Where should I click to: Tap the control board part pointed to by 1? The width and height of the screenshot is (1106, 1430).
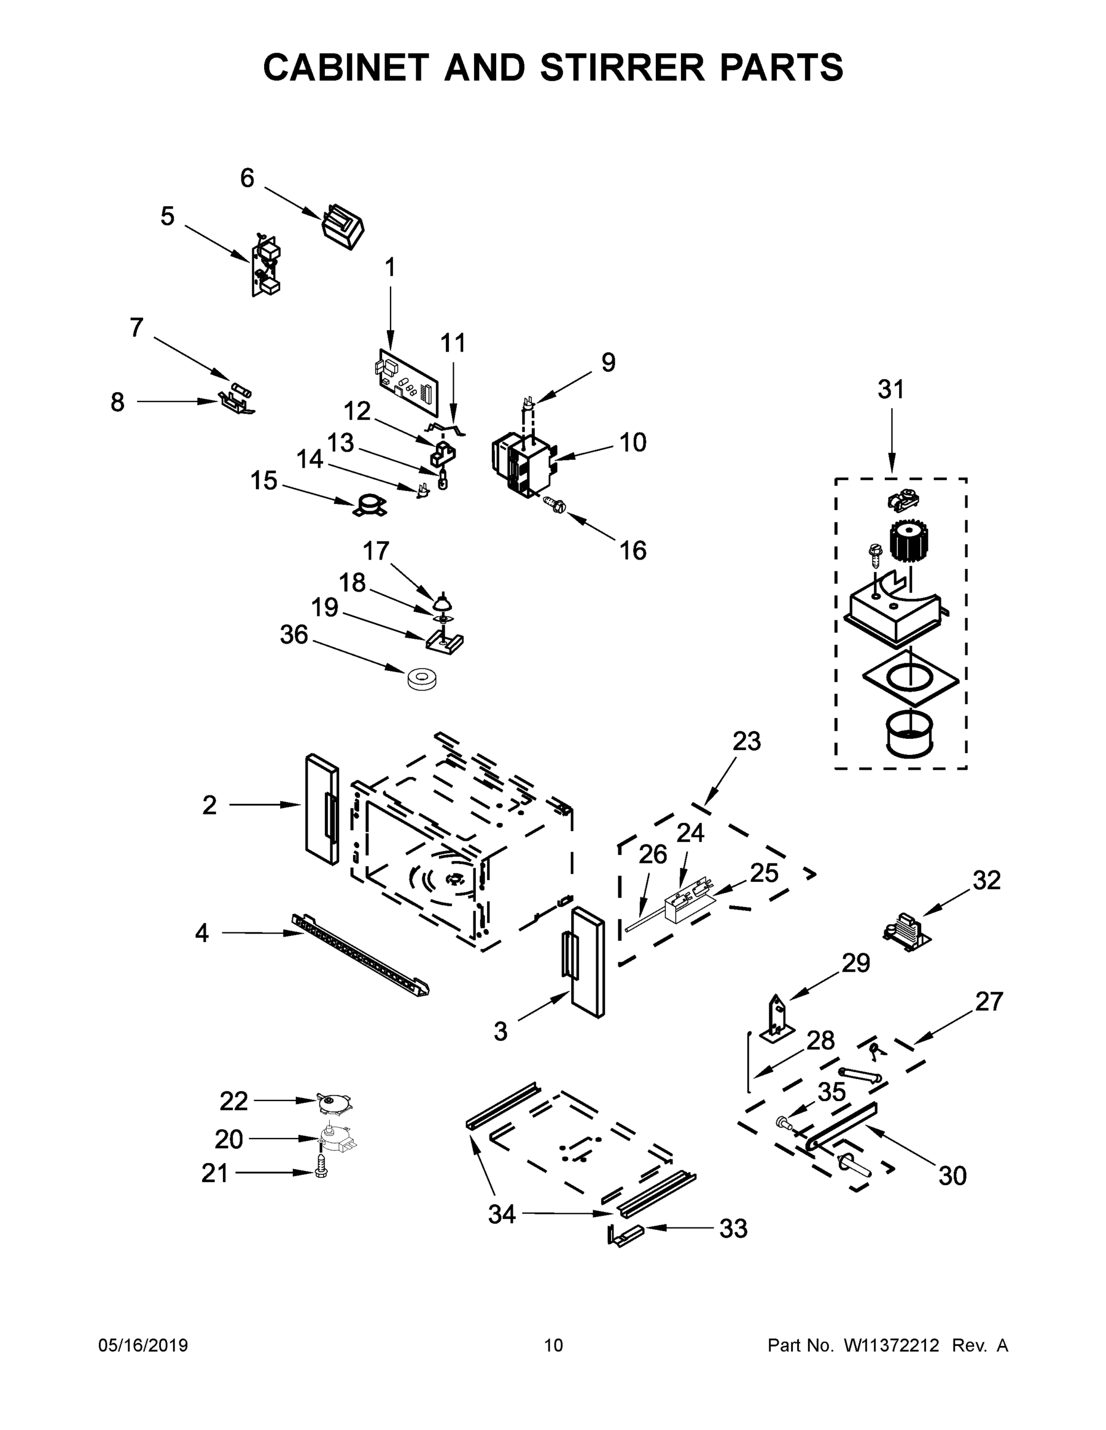[408, 383]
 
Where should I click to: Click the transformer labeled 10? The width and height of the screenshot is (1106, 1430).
[522, 463]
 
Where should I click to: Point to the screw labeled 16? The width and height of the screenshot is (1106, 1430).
[554, 504]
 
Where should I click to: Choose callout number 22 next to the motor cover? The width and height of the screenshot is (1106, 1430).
[233, 1101]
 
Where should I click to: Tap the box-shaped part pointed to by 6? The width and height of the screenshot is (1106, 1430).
[343, 226]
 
